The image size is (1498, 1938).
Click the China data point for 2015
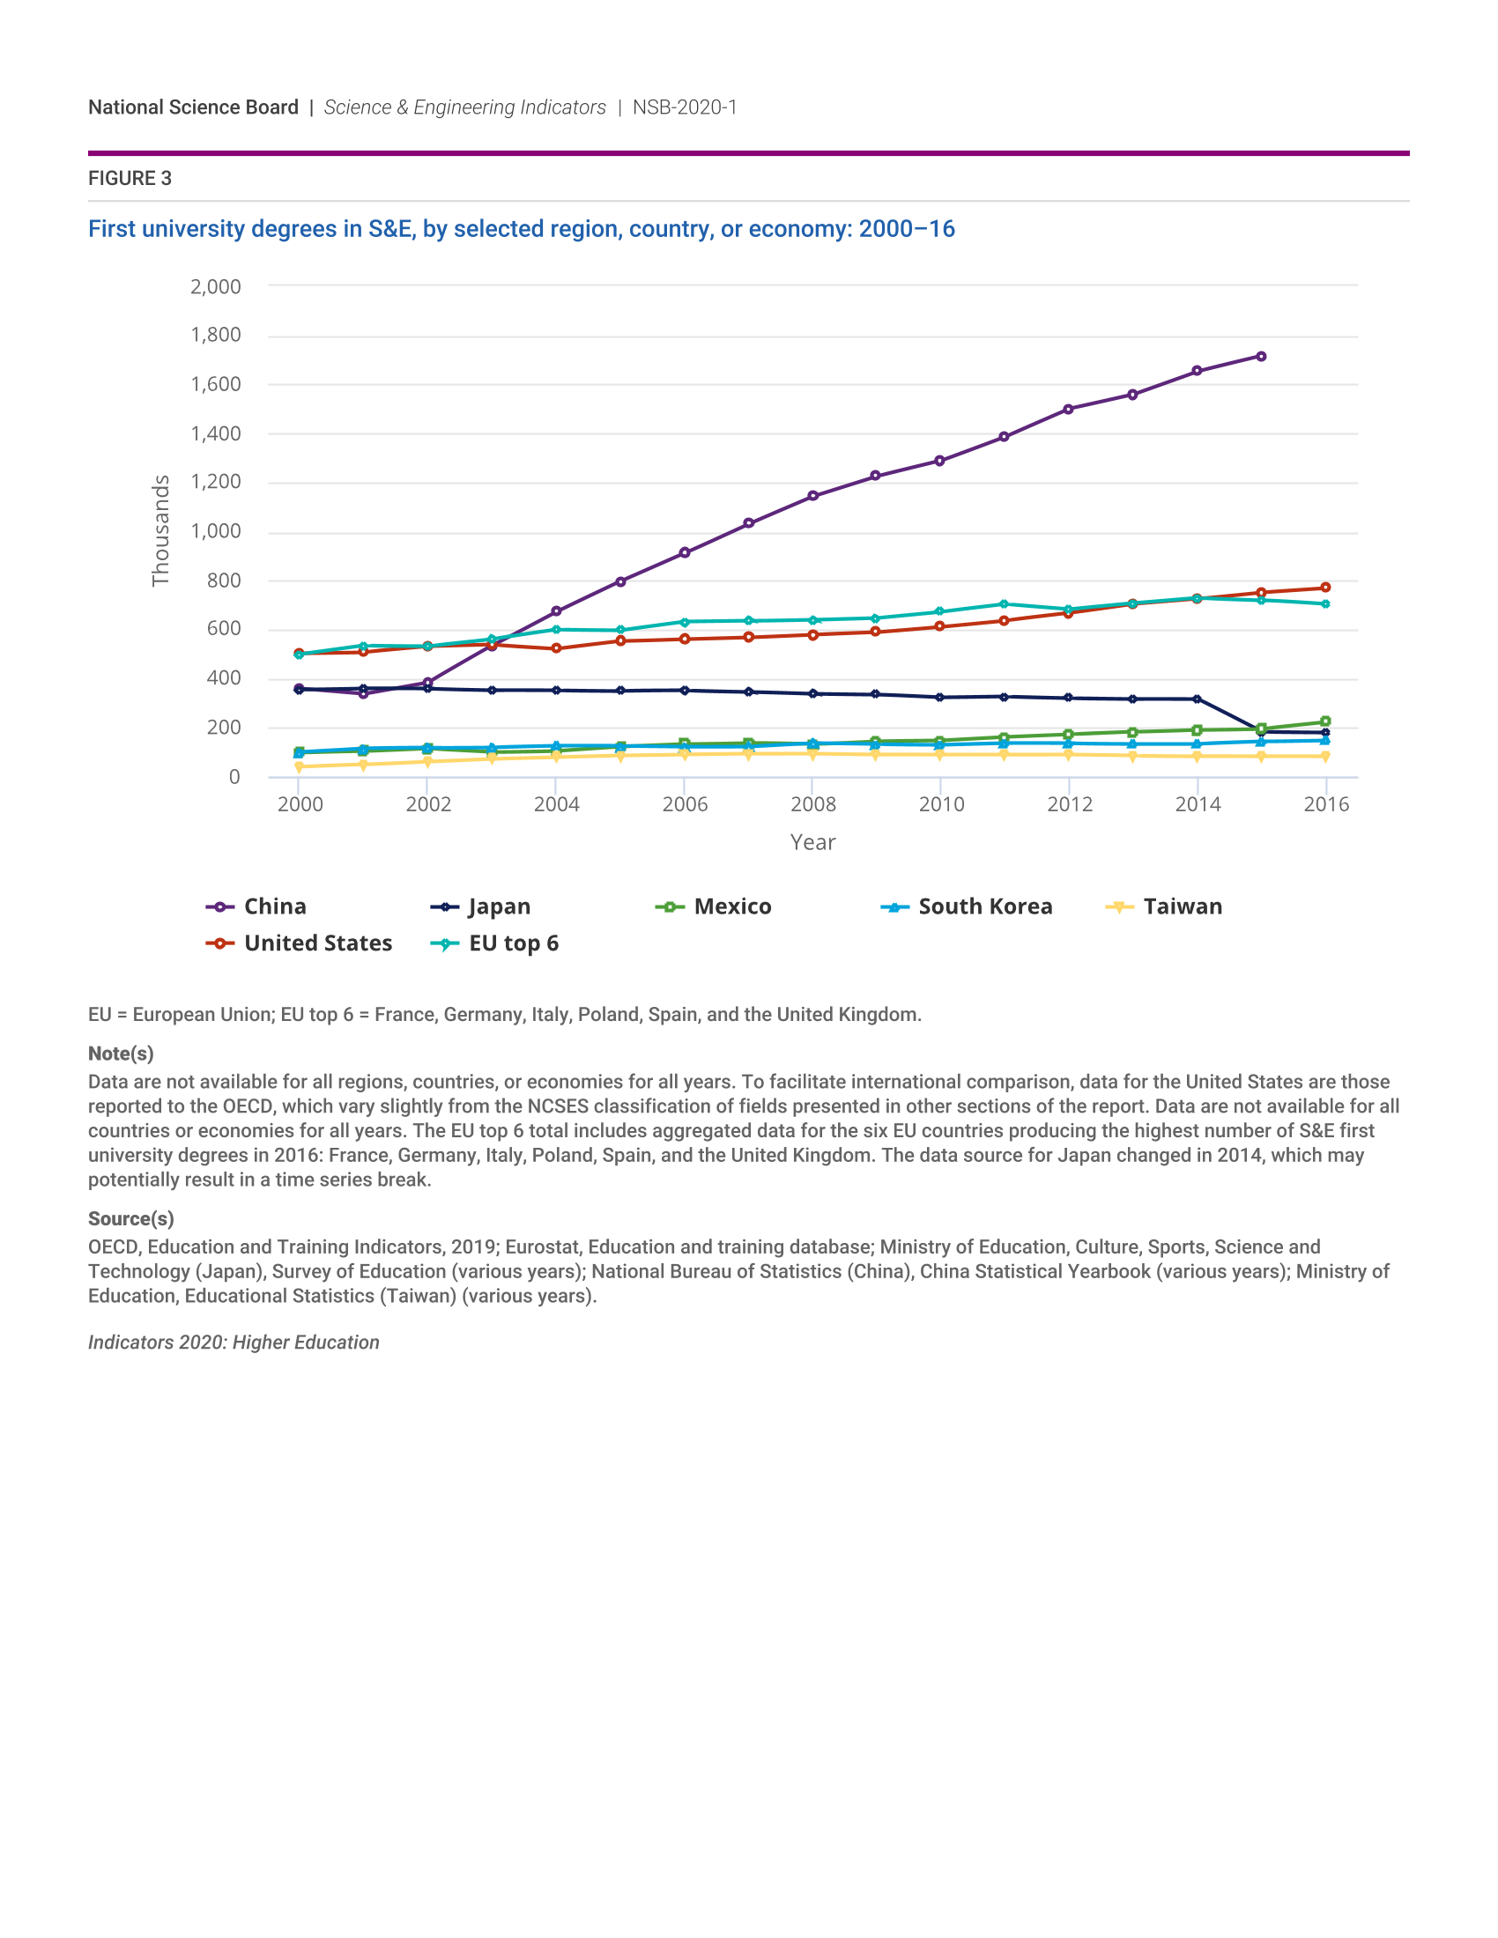[x=1261, y=357]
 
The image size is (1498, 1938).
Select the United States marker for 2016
[x=1325, y=588]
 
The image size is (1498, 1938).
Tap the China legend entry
[x=257, y=906]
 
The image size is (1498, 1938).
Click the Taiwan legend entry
[x=1164, y=906]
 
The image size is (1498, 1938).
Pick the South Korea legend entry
[x=968, y=906]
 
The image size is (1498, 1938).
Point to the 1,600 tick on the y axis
[x=216, y=384]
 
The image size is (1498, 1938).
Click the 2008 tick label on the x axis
[x=813, y=804]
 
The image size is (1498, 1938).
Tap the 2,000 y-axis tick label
[x=216, y=286]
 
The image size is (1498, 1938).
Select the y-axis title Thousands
[x=160, y=530]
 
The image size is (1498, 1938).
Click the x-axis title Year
[x=813, y=842]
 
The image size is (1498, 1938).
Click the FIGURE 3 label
[x=130, y=178]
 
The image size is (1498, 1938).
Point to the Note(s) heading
[x=121, y=1054]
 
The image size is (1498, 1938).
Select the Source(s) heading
[x=130, y=1218]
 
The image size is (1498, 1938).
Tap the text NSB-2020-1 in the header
[x=684, y=107]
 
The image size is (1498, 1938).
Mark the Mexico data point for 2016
[x=1325, y=722]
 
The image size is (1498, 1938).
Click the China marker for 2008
[x=813, y=496]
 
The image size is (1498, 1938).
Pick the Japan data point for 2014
[x=1198, y=699]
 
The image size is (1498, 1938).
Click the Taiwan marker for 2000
[x=299, y=766]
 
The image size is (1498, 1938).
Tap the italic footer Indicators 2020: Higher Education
[x=234, y=1343]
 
